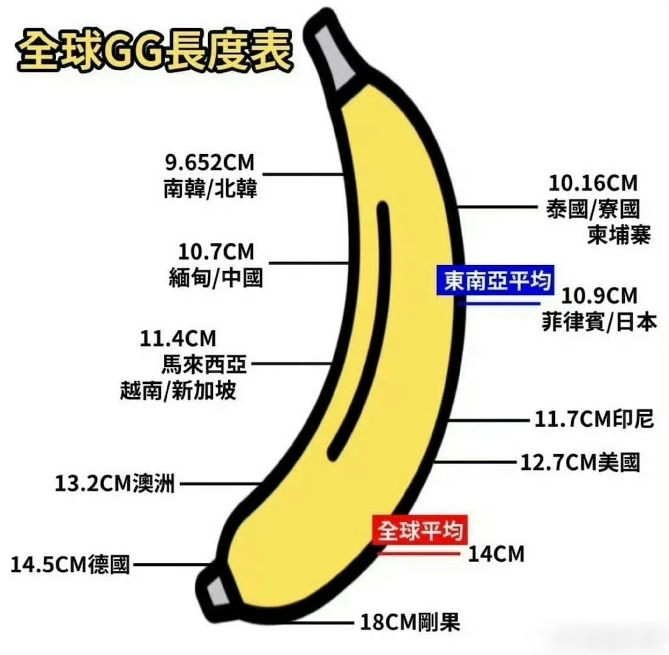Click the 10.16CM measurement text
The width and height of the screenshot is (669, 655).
[593, 182]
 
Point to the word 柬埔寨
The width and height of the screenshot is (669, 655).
[619, 235]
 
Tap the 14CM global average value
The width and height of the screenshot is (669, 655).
[496, 554]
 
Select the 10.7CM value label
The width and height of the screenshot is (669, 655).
[216, 251]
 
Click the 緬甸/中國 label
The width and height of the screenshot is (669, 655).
[215, 278]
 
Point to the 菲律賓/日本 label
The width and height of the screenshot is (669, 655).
[599, 323]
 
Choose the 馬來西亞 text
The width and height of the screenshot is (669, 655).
[204, 364]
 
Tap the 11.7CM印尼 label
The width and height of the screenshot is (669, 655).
[594, 419]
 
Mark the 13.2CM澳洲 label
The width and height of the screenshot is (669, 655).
[115, 484]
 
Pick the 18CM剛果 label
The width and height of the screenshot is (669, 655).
[410, 622]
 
